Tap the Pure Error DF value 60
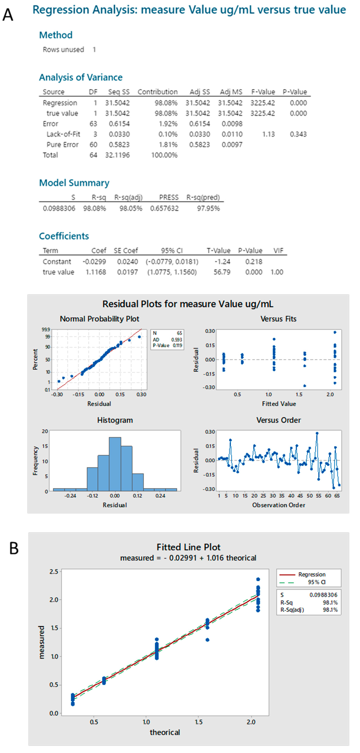coord(93,145)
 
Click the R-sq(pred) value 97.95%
coord(208,208)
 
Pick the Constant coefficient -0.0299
coord(94,262)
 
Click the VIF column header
coord(278,251)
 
